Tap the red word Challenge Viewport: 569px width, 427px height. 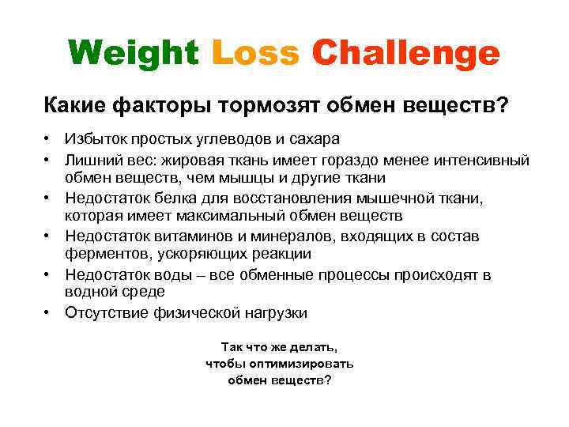406,54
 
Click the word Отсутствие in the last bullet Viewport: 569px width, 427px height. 104,313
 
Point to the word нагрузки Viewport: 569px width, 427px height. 278,313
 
